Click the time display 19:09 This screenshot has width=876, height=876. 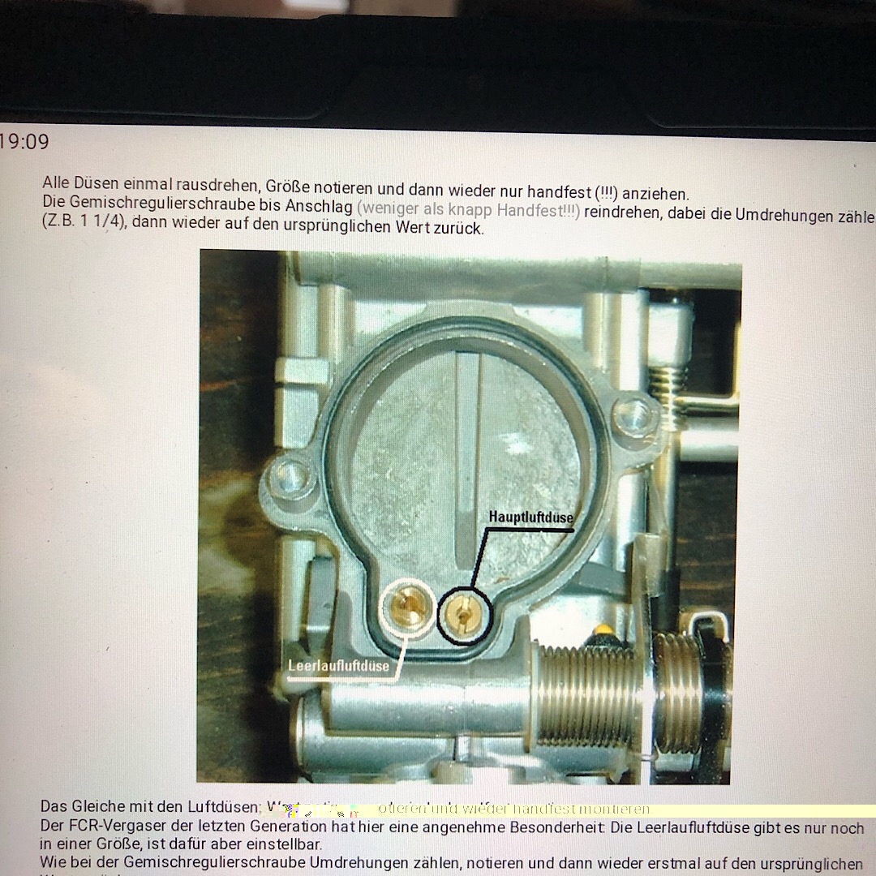pyautogui.click(x=24, y=142)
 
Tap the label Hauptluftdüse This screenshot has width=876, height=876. pyautogui.click(x=530, y=517)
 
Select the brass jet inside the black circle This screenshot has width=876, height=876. pyautogui.click(x=464, y=613)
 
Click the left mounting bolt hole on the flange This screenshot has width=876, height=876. pyautogui.click(x=289, y=476)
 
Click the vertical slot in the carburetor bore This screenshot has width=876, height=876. pyautogui.click(x=468, y=454)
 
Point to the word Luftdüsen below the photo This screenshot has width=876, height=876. pyautogui.click(x=224, y=807)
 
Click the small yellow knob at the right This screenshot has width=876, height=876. pyautogui.click(x=602, y=630)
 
